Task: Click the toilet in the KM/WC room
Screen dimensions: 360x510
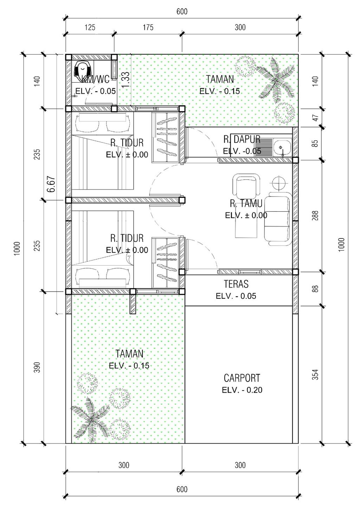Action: click(83, 69)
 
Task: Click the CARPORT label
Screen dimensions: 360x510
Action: click(242, 378)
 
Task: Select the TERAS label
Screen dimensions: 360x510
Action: click(236, 284)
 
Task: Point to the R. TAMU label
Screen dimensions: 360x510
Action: click(246, 203)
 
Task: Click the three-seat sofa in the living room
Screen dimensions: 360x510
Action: click(277, 218)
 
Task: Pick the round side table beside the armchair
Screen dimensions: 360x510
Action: click(278, 183)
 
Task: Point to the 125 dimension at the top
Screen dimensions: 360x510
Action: click(90, 27)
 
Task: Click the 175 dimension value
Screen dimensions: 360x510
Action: click(148, 27)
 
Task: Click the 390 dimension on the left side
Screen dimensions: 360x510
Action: click(37, 367)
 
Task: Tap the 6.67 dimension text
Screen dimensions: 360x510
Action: click(52, 184)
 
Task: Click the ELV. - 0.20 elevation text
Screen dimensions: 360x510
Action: click(242, 390)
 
